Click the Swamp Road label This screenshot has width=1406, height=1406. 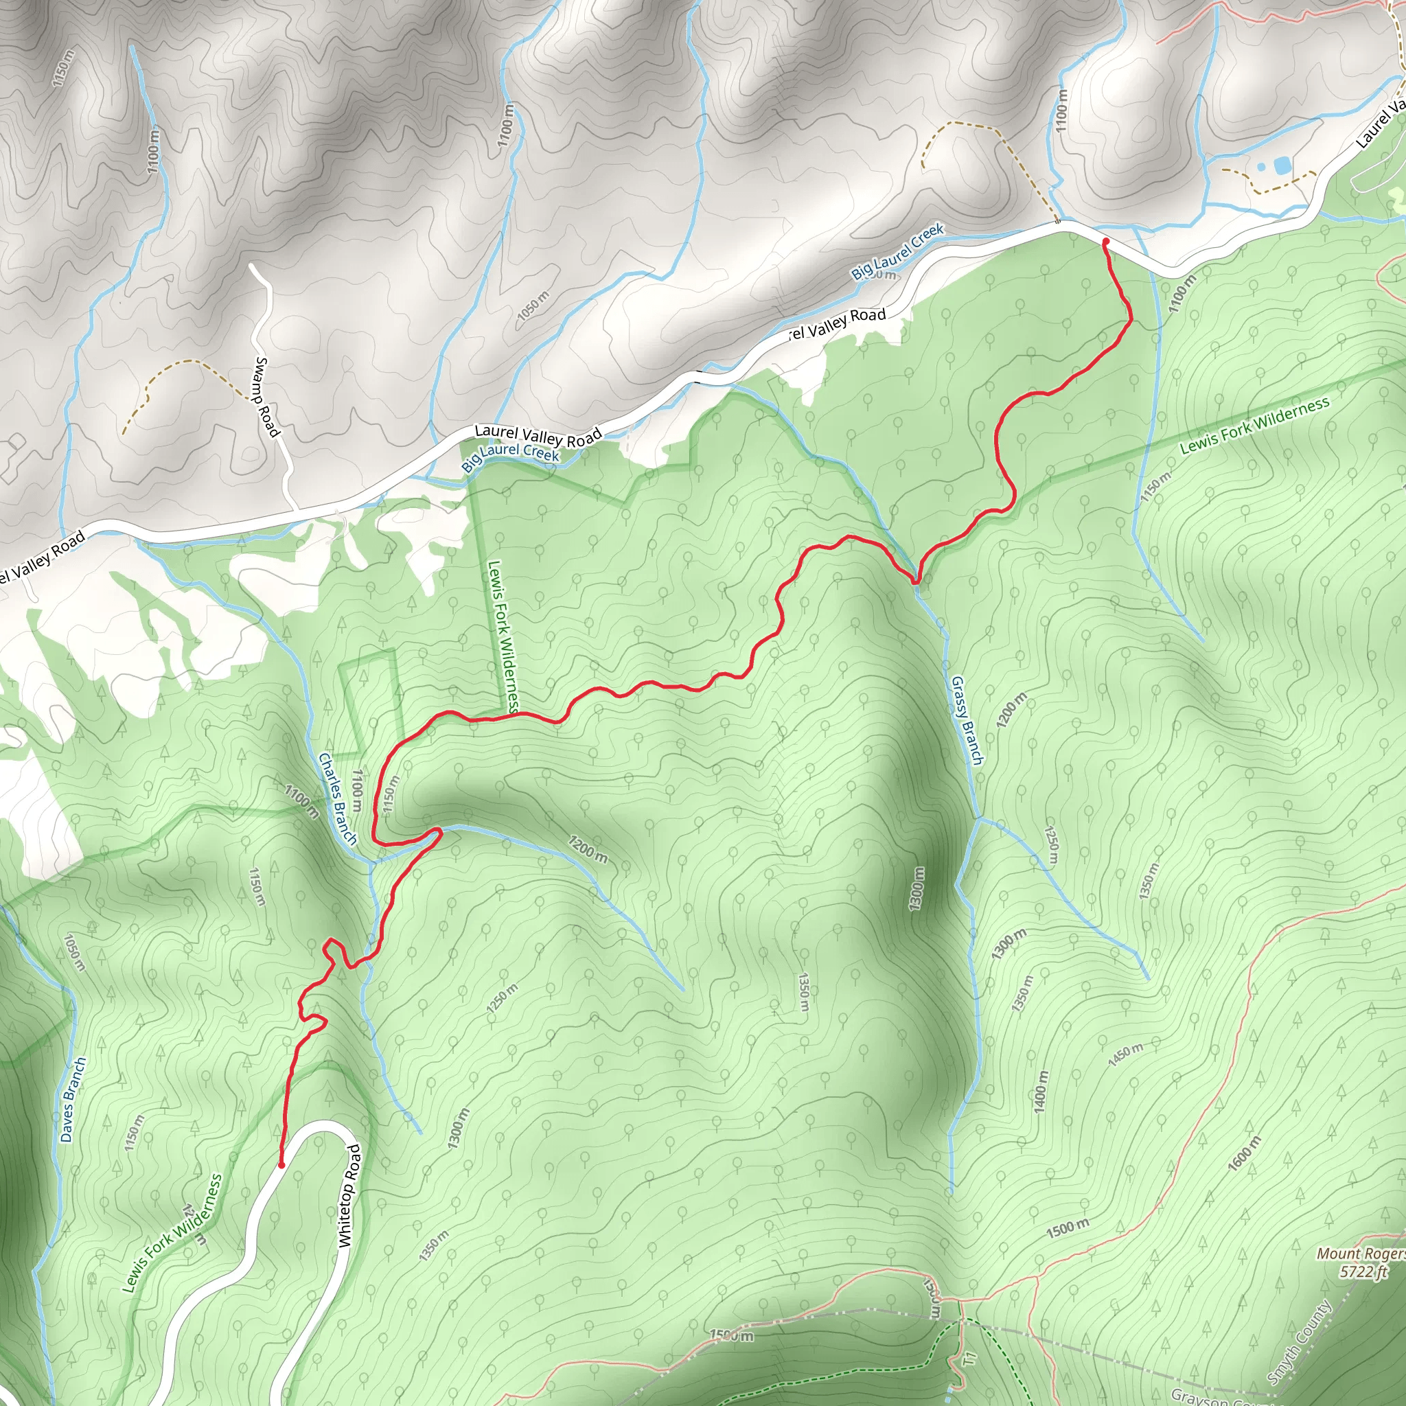coord(266,397)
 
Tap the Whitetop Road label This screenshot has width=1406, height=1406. coord(350,1196)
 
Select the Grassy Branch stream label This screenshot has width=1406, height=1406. coord(967,720)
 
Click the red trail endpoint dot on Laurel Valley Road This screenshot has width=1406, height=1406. coord(1105,241)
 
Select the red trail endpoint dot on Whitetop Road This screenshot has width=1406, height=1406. coord(281,1165)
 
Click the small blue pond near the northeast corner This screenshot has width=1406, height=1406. coord(1282,166)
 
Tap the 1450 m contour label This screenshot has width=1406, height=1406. coord(1125,1054)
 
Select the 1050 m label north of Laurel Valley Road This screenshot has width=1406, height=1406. coord(533,306)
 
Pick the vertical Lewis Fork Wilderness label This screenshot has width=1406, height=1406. coord(504,635)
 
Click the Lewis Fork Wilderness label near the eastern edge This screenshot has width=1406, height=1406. coord(1255,425)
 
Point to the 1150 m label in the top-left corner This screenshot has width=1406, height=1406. coord(63,68)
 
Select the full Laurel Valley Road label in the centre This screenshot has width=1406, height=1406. coord(538,436)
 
